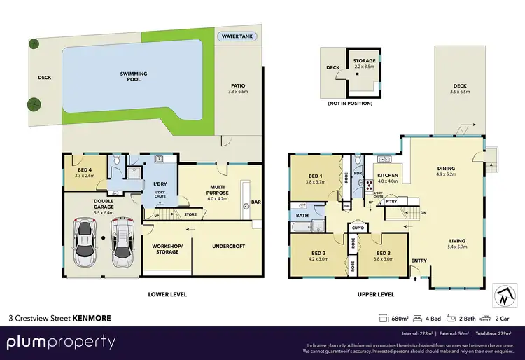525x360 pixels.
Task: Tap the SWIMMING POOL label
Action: pos(129,76)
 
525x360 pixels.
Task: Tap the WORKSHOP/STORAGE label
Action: pos(167,249)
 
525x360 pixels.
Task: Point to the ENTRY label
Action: pos(419,261)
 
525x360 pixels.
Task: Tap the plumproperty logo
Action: pos(62,342)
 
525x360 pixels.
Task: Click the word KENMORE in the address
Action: pos(92,317)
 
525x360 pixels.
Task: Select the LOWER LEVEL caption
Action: pos(167,294)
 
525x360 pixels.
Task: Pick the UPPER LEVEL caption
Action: pos(376,294)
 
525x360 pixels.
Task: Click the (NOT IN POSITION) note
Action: pos(349,103)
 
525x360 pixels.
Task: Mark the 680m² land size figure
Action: pos(401,318)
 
